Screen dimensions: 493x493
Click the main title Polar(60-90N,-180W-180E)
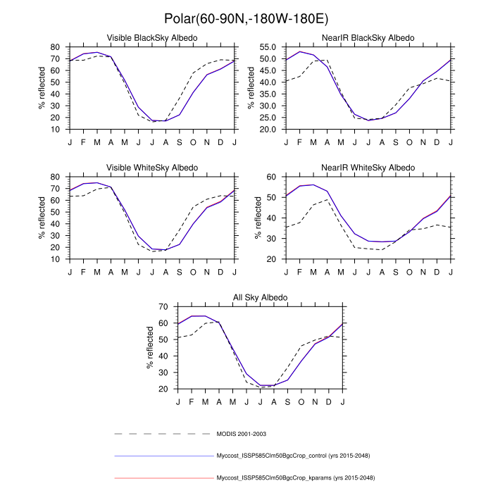click(246, 17)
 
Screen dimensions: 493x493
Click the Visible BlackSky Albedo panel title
click(151, 37)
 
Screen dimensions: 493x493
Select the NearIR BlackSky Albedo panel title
click(368, 37)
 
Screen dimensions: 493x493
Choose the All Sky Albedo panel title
click(261, 297)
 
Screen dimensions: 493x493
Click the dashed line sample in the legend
click(162, 433)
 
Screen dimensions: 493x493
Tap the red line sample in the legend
click(162, 478)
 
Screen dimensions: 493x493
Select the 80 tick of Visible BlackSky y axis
click(54, 47)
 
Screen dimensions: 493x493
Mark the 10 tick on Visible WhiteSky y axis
click(54, 259)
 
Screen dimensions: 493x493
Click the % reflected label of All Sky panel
click(151, 348)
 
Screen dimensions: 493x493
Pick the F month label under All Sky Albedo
click(192, 401)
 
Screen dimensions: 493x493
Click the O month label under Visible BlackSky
click(193, 141)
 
